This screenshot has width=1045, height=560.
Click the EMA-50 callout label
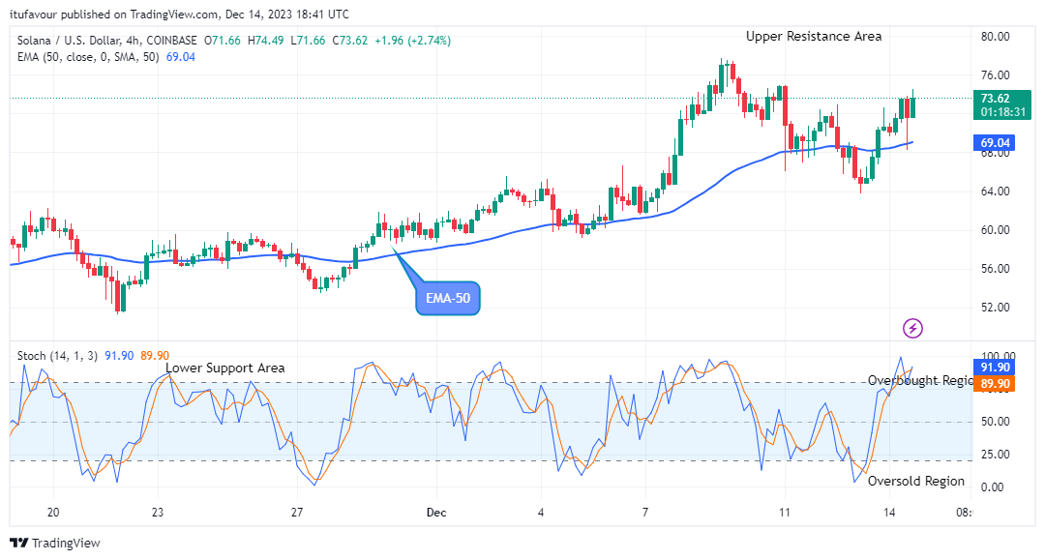pos(448,299)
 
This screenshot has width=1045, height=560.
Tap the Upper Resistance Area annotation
pos(814,36)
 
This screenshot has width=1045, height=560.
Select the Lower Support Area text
pos(224,368)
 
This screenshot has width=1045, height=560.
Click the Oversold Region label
pos(915,481)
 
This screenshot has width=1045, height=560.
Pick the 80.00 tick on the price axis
pos(996,37)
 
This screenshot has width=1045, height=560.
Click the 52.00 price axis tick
pos(996,308)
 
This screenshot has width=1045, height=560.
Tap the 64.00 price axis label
pos(996,192)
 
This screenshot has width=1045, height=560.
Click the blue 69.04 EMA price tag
pos(996,143)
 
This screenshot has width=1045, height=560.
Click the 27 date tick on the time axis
pos(297,513)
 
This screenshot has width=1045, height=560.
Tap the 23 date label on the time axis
pos(158,513)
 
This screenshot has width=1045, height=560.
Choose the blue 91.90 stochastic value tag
pos(996,368)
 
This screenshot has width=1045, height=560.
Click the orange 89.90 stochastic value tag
pos(996,384)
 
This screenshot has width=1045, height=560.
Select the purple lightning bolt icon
pos(912,328)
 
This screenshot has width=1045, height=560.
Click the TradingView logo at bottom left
pos(55,543)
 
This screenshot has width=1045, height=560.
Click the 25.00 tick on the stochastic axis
pos(996,455)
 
